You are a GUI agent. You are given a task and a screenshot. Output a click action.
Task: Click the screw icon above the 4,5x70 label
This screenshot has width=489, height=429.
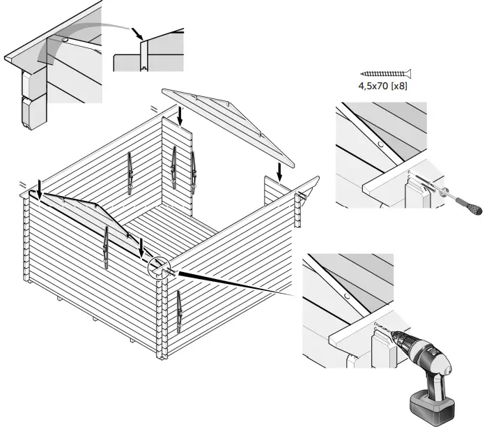pos(386,73)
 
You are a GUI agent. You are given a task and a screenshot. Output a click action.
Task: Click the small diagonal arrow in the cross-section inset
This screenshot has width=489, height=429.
pos(138,32)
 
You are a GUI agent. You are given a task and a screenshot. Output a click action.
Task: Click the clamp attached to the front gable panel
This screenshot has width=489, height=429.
pos(105,248)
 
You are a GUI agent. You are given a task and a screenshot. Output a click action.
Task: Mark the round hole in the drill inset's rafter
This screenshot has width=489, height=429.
pos(347,296)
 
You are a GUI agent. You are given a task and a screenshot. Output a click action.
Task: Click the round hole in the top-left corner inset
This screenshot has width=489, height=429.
pos(65,41)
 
